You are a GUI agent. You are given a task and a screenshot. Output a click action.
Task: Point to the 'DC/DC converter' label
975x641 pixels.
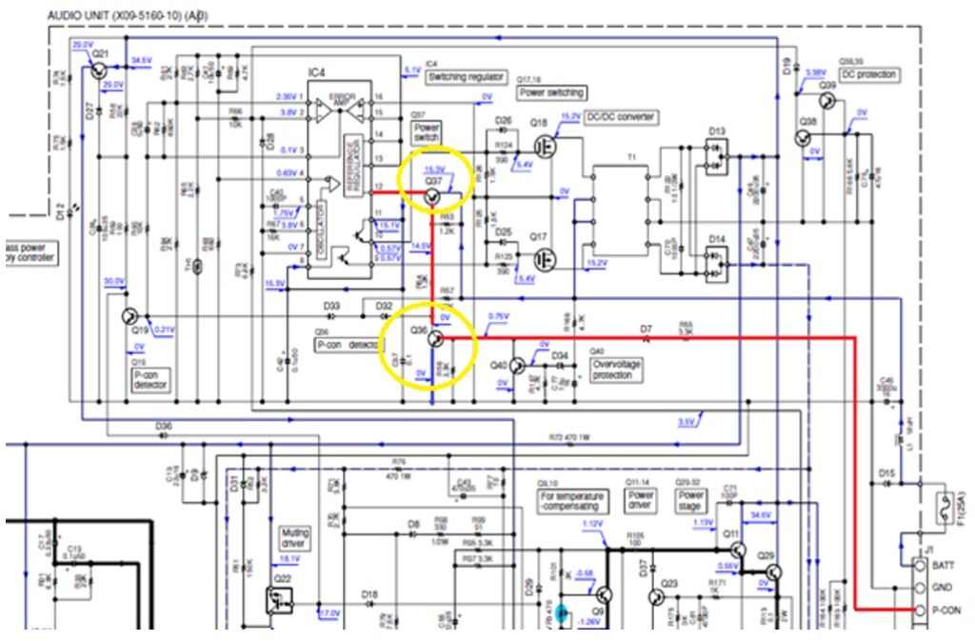tap(623, 117)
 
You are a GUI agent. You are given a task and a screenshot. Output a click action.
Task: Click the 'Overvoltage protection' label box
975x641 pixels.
tap(616, 370)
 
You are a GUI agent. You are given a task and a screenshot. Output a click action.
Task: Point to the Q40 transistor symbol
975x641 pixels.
tap(519, 366)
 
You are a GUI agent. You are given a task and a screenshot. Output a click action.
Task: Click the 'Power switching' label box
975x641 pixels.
tap(552, 93)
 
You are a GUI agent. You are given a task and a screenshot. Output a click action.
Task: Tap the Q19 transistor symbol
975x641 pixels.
tap(131, 317)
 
